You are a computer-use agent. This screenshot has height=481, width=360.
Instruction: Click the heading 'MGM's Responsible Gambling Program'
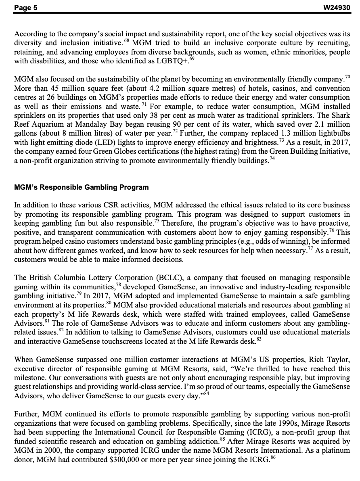point(81,187)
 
